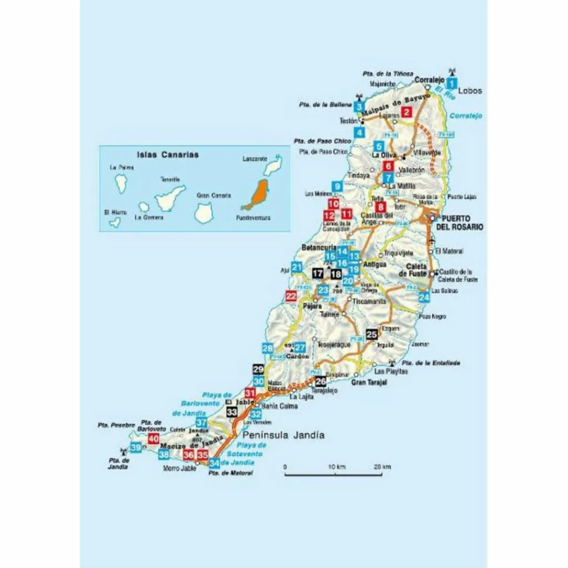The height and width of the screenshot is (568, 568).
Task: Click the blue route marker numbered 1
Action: tap(452, 84)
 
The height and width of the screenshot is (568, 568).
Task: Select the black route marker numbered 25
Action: tap(372, 334)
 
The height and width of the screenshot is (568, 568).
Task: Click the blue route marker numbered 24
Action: tap(424, 297)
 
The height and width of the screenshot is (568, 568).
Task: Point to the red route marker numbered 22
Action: tap(291, 296)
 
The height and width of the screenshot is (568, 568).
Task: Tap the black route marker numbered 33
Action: tap(232, 412)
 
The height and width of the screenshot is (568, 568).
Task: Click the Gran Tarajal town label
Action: tap(369, 383)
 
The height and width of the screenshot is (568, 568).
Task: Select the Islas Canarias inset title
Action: tap(168, 155)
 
